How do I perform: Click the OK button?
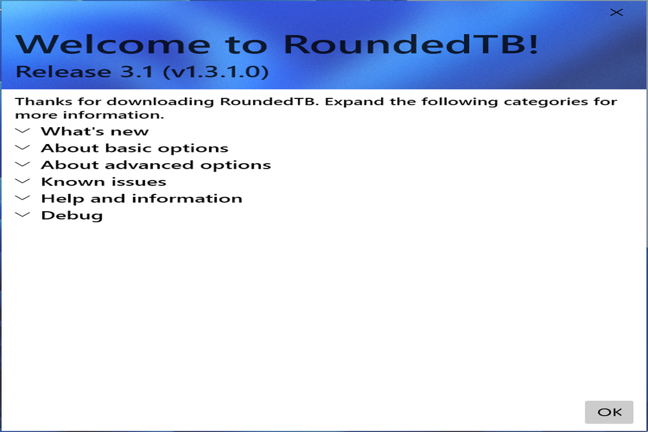pos(609,412)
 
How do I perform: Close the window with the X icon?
pos(616,13)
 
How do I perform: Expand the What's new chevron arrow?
pos(23,131)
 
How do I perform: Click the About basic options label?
pos(134,148)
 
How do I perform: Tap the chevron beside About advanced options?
pos(23,164)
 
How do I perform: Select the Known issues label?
pos(103,182)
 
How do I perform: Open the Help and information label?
pos(142,199)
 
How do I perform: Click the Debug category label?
pos(71,215)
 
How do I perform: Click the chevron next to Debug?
pos(23,215)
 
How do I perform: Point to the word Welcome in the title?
pos(113,44)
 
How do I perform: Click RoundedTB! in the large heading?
pos(410,44)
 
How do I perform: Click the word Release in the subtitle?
pos(54,72)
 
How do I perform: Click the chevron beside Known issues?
pos(23,181)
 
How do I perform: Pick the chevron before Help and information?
pos(23,198)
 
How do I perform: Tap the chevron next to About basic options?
pos(23,148)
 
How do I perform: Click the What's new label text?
pos(94,131)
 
